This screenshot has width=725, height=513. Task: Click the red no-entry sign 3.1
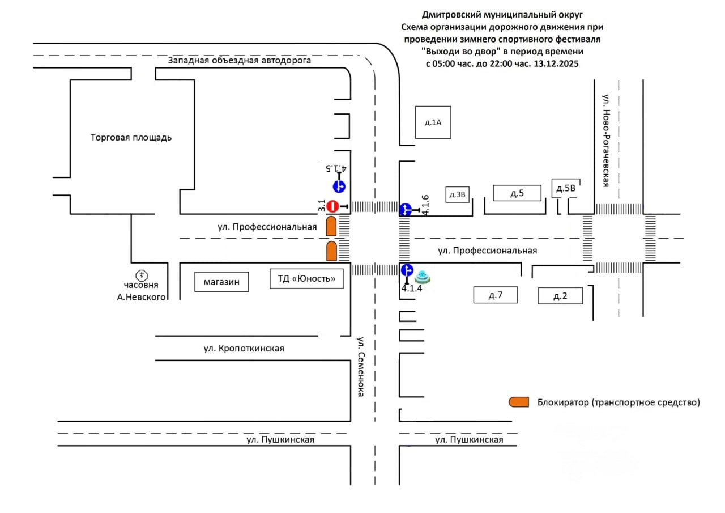[x=333, y=206]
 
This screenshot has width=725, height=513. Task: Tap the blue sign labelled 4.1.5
[x=339, y=186]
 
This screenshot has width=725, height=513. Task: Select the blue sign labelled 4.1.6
[x=406, y=210]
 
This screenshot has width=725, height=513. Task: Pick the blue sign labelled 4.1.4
[x=407, y=270]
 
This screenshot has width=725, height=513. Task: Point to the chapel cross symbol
[x=141, y=275]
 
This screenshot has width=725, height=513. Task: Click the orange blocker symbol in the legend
[x=518, y=402]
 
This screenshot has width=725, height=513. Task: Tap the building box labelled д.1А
[x=433, y=122]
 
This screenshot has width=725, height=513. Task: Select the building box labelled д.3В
[x=457, y=195]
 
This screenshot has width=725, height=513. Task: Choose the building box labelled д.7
[x=496, y=295]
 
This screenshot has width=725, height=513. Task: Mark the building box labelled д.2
[x=560, y=295]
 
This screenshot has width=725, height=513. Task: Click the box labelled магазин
[x=222, y=282]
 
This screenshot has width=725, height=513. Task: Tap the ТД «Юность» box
[x=306, y=278]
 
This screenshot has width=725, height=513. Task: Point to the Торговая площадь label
[x=131, y=137]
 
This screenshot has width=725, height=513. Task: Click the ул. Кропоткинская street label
[x=244, y=348]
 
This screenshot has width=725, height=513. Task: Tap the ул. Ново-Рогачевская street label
[x=605, y=141]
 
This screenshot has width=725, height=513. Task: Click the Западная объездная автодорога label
[x=240, y=61]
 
